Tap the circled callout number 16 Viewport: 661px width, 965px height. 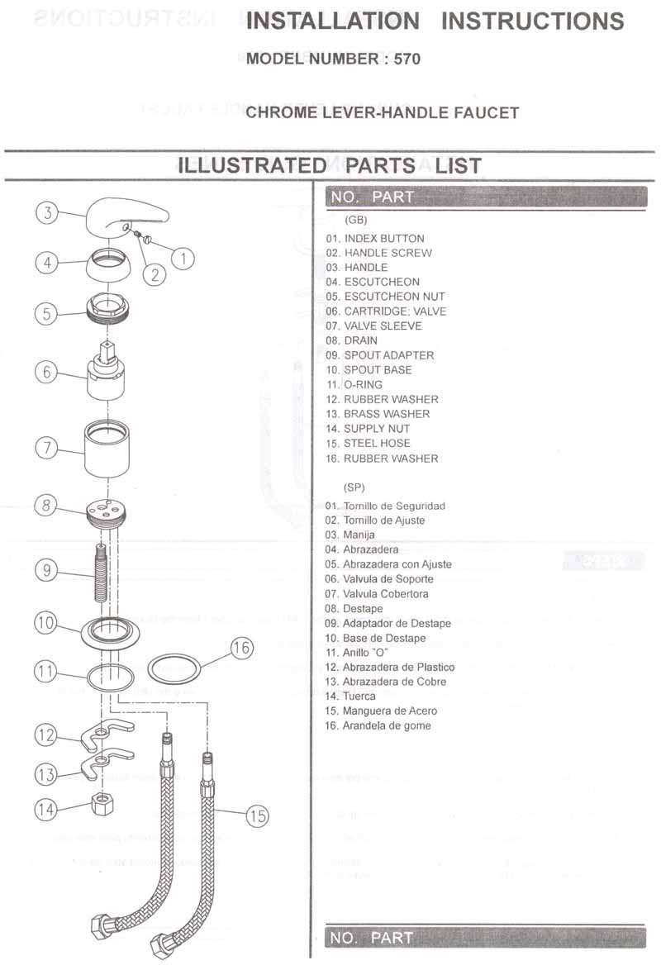pos(240,648)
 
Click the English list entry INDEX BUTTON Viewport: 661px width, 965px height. pos(383,238)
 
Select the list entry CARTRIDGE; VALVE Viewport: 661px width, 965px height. pos(394,311)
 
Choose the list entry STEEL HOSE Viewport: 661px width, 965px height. pos(376,444)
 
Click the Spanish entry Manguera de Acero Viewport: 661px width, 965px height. pos(389,711)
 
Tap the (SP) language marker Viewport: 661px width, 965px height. pos(354,487)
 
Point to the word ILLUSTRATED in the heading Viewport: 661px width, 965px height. pos(252,165)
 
